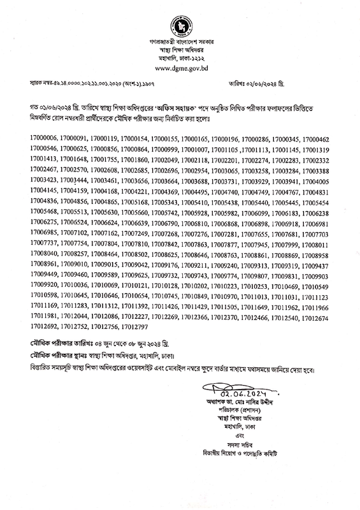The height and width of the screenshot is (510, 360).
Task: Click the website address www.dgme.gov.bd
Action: (180, 68)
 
